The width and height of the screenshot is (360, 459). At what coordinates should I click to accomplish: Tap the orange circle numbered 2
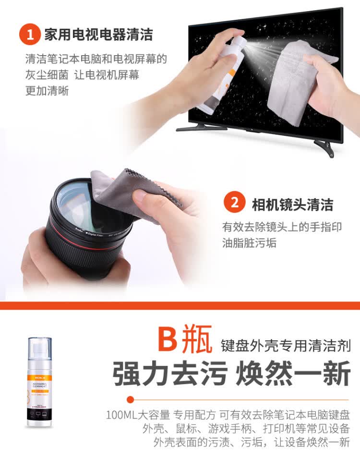coord(235,203)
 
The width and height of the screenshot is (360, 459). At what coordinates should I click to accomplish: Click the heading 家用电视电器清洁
coord(98,35)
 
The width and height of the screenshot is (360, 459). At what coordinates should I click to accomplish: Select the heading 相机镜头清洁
coord(292,204)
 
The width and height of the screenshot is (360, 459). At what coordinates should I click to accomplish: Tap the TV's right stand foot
coord(326,147)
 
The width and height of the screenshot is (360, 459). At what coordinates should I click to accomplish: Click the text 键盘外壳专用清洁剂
coord(285,345)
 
